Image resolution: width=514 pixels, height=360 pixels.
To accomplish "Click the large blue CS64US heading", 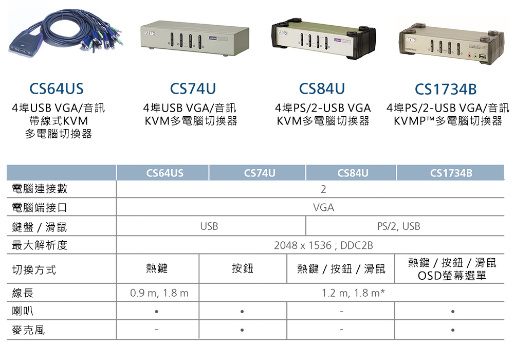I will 57,89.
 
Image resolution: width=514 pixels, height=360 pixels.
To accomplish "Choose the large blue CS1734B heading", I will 446,89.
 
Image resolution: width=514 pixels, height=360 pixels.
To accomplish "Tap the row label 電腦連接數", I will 40,189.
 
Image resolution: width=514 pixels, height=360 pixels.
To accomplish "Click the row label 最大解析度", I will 40,245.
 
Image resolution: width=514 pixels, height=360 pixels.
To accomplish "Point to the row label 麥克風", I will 28,330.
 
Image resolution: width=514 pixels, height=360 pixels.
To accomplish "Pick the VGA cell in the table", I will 323,208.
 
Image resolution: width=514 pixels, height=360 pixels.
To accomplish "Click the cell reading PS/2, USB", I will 398,226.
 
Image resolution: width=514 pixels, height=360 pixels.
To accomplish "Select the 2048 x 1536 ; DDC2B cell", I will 323,245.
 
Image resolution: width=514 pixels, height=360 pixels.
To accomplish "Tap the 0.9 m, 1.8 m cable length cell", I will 159,293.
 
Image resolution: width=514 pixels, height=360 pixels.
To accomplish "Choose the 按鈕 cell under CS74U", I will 243,268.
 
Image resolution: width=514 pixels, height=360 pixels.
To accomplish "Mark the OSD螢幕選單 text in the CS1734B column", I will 452,276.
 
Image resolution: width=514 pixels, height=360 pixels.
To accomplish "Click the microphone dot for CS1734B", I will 451,330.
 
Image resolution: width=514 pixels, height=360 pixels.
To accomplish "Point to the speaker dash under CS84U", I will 340,312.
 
